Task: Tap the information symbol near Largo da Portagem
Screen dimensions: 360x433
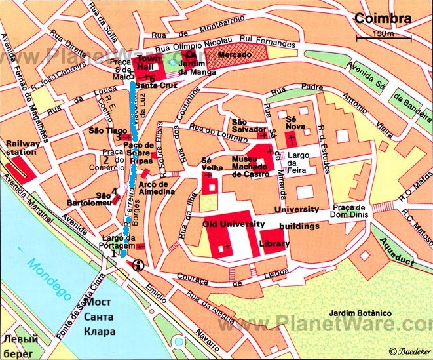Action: (x=139, y=266)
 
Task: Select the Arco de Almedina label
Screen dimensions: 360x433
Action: (x=157, y=188)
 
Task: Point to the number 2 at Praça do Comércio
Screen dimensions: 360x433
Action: (x=105, y=158)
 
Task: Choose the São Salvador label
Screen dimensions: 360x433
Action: (x=248, y=126)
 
